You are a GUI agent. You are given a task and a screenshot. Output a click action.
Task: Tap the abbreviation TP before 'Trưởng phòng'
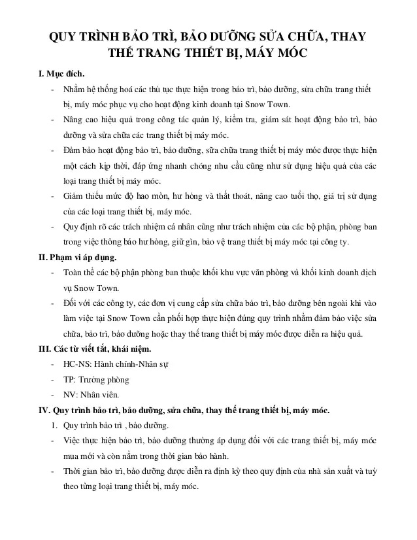pos(67,379)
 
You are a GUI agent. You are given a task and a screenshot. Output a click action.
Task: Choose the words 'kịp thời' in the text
pos(132,166)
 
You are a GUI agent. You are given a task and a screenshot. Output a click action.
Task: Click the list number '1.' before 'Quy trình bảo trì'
pos(56,426)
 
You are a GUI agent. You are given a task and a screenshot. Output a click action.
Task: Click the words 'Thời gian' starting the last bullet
pos(81,471)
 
